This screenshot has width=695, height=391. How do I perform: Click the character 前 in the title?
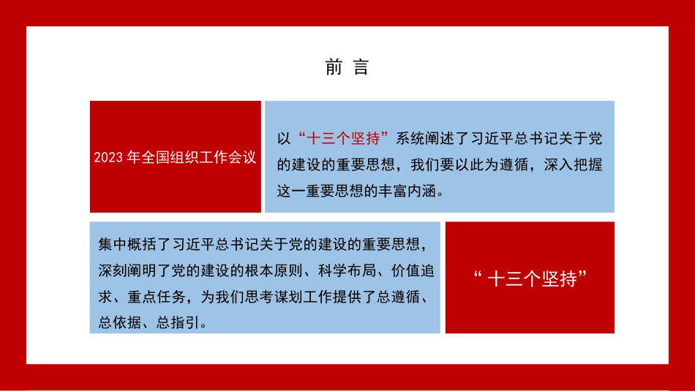coord(334,68)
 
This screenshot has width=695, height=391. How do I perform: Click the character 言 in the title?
coord(361,68)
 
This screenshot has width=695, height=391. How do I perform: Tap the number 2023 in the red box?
coord(108,158)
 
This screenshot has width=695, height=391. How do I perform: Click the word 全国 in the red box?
coord(151,158)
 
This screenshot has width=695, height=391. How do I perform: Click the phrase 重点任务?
coord(149,296)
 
